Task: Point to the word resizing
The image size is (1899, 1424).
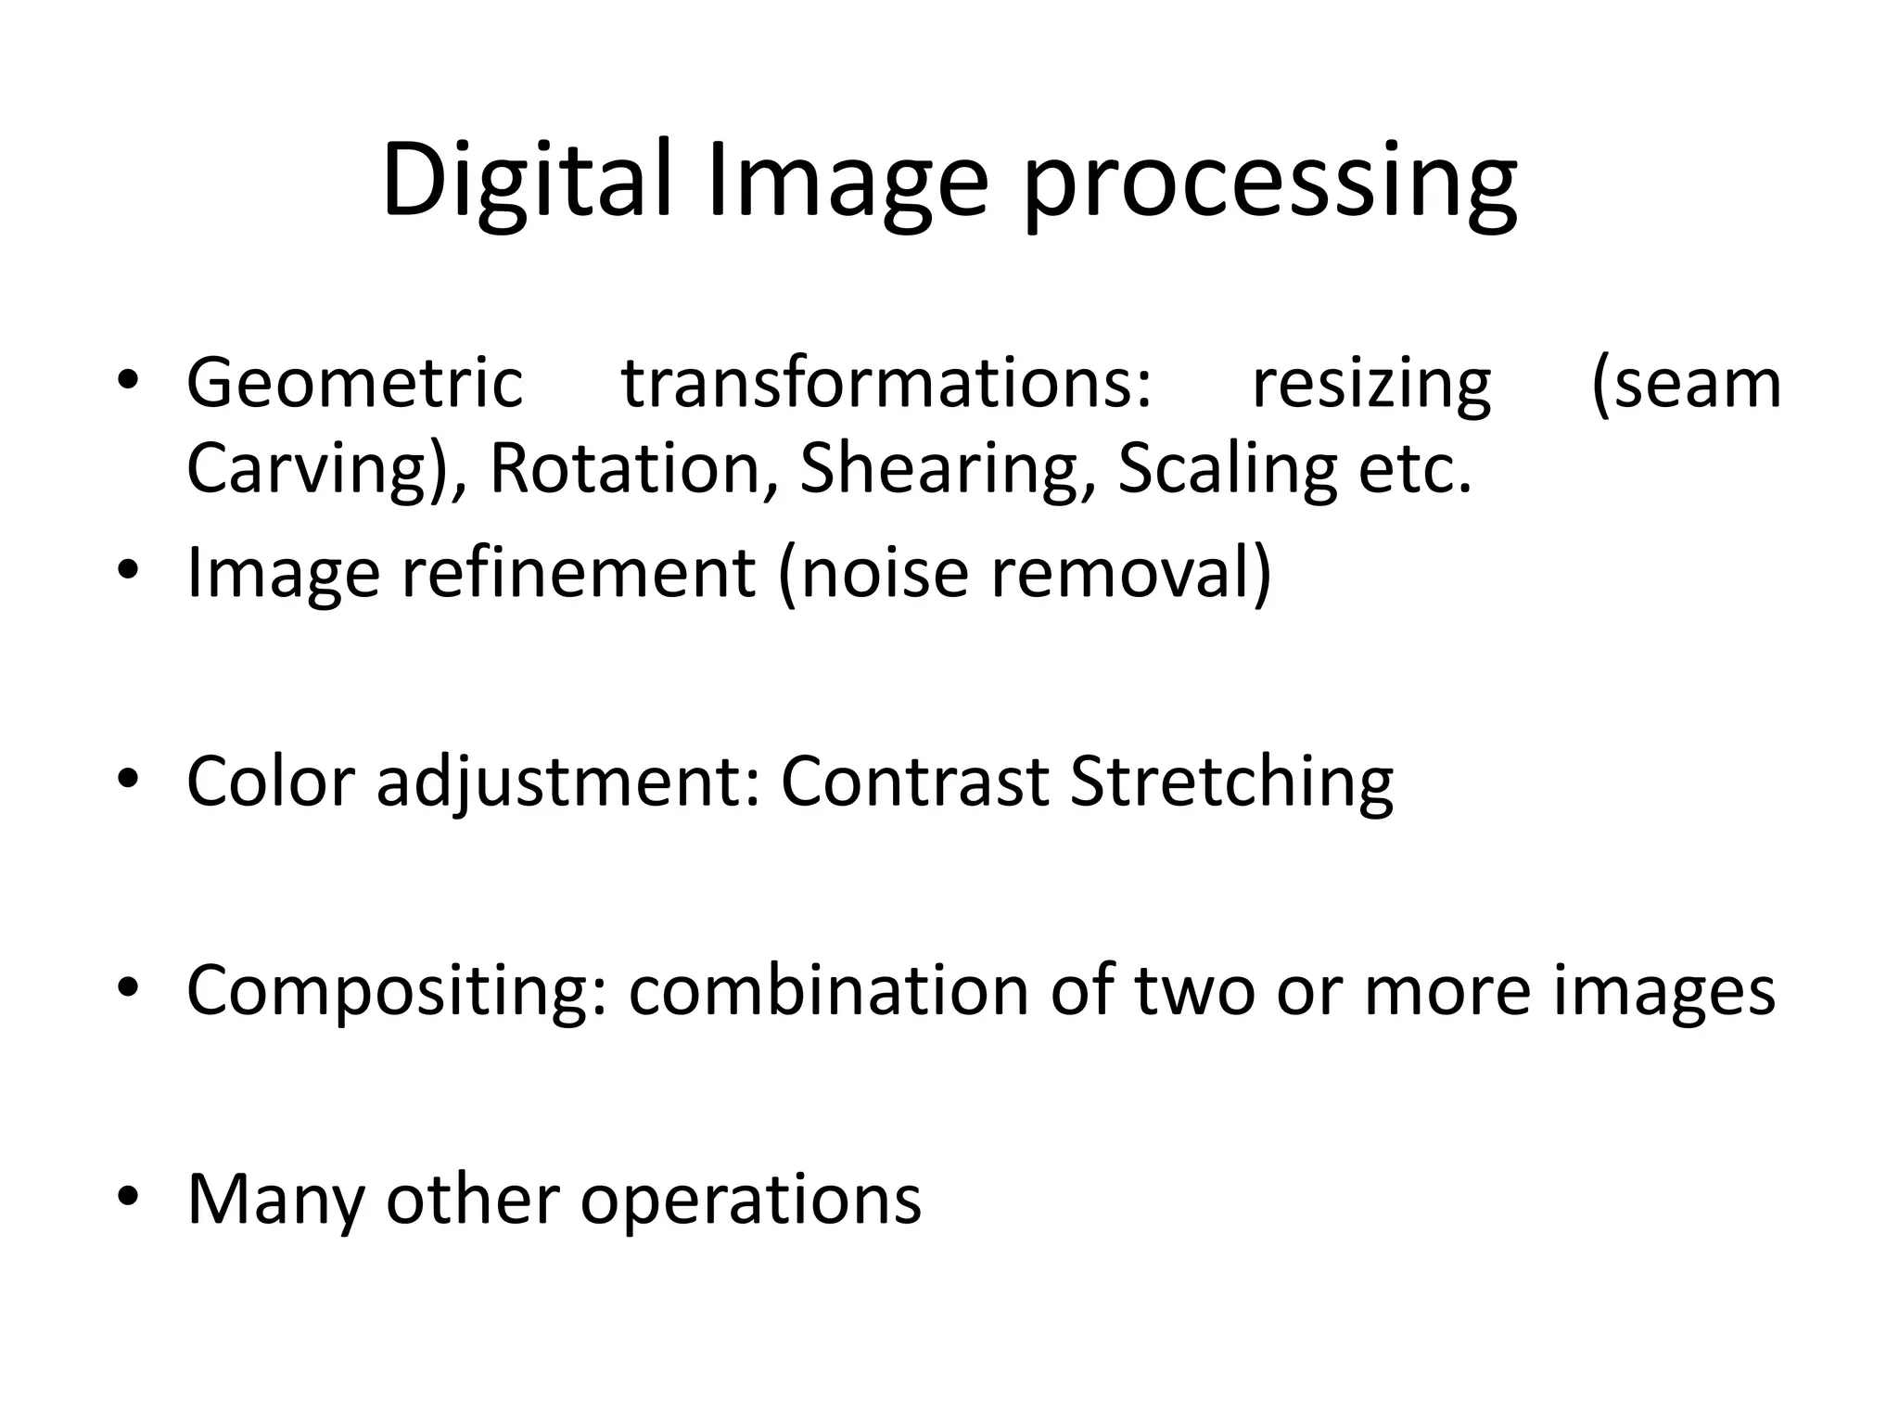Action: point(1371,386)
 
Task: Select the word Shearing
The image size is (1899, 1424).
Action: point(945,470)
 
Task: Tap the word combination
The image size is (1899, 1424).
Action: point(828,990)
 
